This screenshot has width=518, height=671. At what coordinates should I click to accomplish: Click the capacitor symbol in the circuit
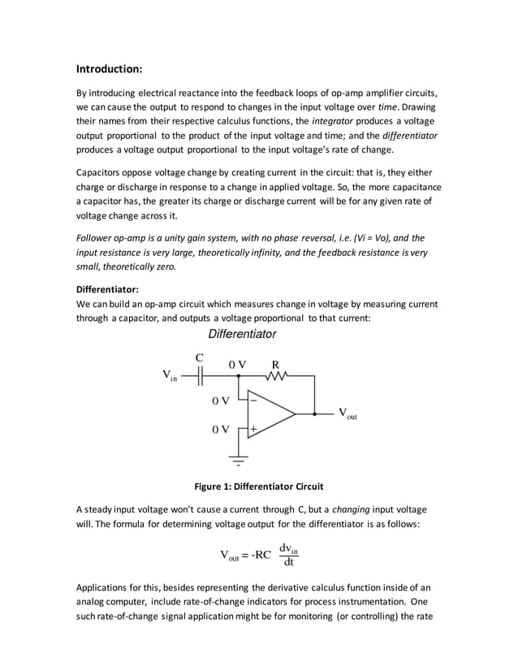click(200, 376)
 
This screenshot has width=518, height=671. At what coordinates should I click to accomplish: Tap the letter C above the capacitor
click(199, 357)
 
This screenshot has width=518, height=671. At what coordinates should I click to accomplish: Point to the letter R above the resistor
click(275, 364)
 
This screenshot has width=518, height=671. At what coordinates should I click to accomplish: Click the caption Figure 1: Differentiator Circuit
click(258, 487)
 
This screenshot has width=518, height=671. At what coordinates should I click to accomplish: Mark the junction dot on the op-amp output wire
click(314, 413)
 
